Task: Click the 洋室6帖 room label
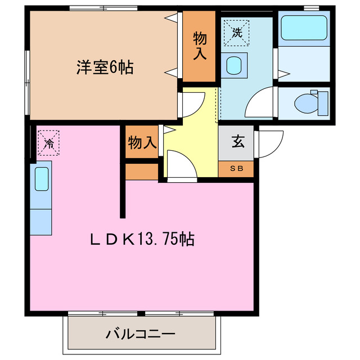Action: pyautogui.click(x=105, y=67)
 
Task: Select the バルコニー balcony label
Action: pyautogui.click(x=140, y=334)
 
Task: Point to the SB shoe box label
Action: pyautogui.click(x=237, y=168)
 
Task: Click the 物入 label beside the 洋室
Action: pyautogui.click(x=200, y=46)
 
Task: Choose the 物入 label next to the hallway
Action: pyautogui.click(x=141, y=143)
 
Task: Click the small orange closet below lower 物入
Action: pyautogui.click(x=141, y=172)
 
